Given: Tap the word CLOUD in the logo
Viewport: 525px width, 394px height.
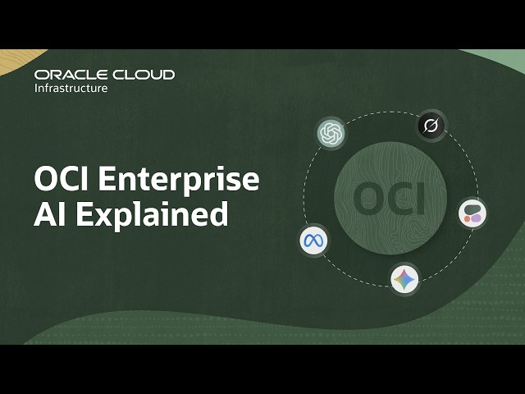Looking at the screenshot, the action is (144, 75).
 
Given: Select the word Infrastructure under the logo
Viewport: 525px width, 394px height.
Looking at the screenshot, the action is (71, 88).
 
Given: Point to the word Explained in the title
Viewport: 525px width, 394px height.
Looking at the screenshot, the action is (153, 213).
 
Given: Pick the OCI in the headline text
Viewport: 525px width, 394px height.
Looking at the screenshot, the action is (62, 179).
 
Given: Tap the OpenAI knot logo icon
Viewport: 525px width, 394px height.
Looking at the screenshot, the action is (331, 133).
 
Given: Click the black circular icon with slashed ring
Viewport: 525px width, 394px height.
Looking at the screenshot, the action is (431, 126).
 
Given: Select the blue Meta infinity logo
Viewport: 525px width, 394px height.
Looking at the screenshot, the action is (313, 241).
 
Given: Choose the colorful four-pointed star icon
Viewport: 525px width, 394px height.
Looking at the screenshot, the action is (404, 279).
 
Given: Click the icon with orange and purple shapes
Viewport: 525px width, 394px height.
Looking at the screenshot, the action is (472, 213).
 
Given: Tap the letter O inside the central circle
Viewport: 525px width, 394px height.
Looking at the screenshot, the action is (364, 199).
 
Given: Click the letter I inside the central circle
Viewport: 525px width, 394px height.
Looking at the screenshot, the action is (420, 199).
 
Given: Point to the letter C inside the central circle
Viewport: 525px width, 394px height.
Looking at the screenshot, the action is (395, 199).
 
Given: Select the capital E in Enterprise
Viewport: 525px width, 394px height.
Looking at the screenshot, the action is (107, 179).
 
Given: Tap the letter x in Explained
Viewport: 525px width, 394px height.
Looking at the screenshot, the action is (104, 217).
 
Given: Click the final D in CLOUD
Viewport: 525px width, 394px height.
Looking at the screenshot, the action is (167, 75).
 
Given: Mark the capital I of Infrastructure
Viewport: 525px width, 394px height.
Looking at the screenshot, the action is (36, 88).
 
